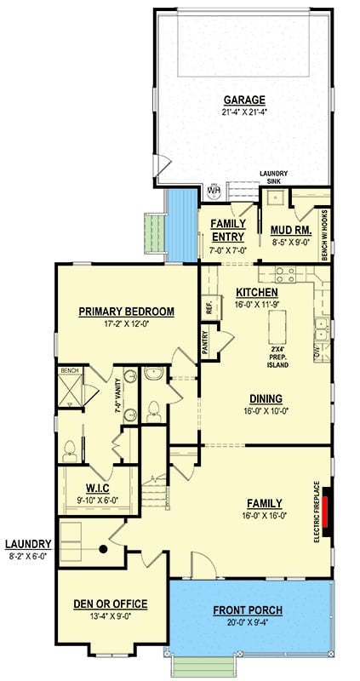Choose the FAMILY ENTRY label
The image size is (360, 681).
pos(227,230)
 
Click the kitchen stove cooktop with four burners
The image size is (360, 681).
pos(285,274)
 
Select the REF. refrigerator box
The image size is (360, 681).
pos(209,308)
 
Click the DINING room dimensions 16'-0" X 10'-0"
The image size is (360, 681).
pos(266,411)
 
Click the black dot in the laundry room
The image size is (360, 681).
pos(102,549)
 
